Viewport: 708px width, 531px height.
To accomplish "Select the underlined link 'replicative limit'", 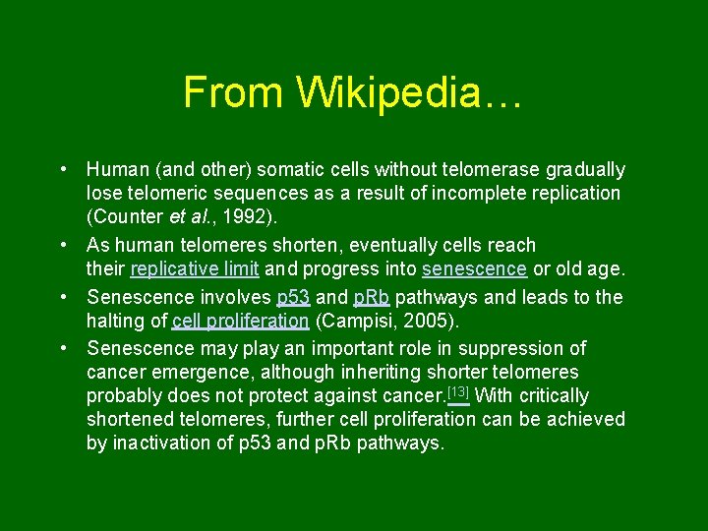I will point(195,269).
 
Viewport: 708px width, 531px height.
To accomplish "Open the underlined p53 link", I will point(293,297).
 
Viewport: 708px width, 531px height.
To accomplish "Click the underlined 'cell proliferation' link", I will point(240,321).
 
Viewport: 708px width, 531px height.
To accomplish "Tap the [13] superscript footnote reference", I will point(457,393).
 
